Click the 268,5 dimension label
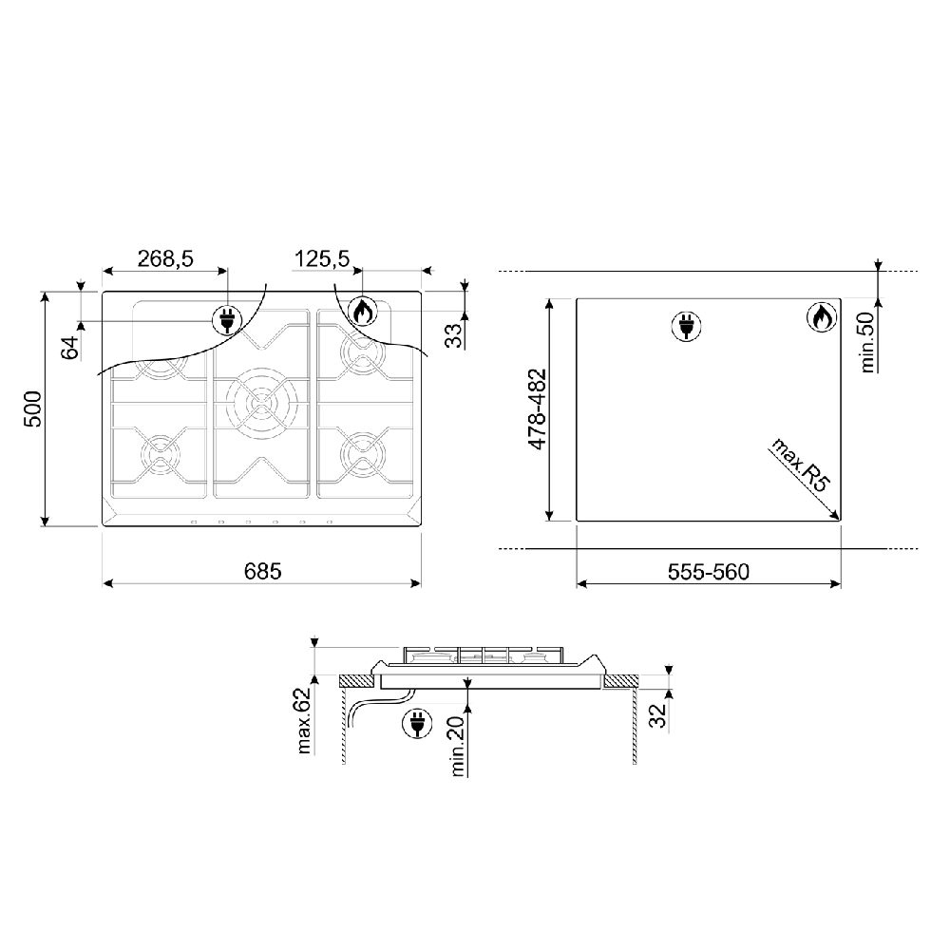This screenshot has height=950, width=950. [x=164, y=258]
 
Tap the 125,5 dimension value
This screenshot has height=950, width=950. [x=322, y=258]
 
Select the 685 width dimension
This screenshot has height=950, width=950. [x=263, y=571]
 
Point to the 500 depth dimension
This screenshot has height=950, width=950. [x=32, y=408]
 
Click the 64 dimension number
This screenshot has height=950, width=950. [x=71, y=348]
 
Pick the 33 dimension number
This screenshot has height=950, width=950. [x=454, y=335]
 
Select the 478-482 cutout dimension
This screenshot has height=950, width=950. [x=538, y=408]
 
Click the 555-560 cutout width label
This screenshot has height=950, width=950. [x=709, y=571]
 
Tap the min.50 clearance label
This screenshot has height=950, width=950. [x=867, y=342]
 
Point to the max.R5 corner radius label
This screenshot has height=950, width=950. [x=799, y=465]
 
